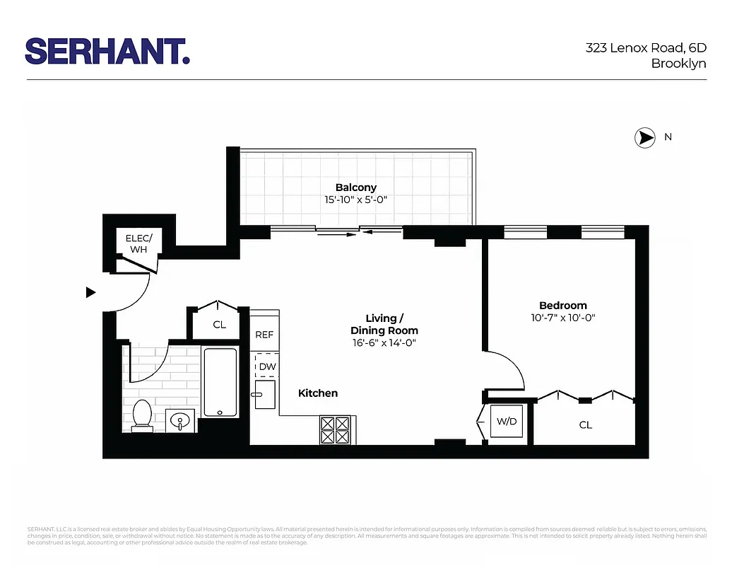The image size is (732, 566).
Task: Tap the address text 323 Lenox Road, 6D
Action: (646, 48)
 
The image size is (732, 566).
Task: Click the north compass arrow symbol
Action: (644, 138)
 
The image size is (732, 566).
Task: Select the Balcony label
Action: (355, 187)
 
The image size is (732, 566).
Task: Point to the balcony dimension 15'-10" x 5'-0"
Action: (355, 200)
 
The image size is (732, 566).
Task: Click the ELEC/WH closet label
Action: (138, 243)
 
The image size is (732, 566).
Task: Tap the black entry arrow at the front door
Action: (90, 292)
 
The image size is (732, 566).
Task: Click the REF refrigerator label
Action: (264, 335)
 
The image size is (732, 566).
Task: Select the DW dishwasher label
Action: (267, 366)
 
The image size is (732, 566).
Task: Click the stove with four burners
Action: (336, 429)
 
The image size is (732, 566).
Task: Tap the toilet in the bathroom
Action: (142, 415)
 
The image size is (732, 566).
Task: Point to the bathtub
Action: (220, 382)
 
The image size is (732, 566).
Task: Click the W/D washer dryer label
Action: (507, 422)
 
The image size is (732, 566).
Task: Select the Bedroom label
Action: (562, 306)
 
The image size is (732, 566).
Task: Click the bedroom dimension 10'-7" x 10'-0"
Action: (562, 318)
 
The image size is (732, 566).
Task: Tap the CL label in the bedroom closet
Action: (585, 425)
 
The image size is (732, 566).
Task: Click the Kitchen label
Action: (318, 393)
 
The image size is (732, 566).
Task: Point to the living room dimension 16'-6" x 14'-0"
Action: (384, 343)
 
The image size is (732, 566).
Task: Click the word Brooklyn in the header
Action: (678, 64)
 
